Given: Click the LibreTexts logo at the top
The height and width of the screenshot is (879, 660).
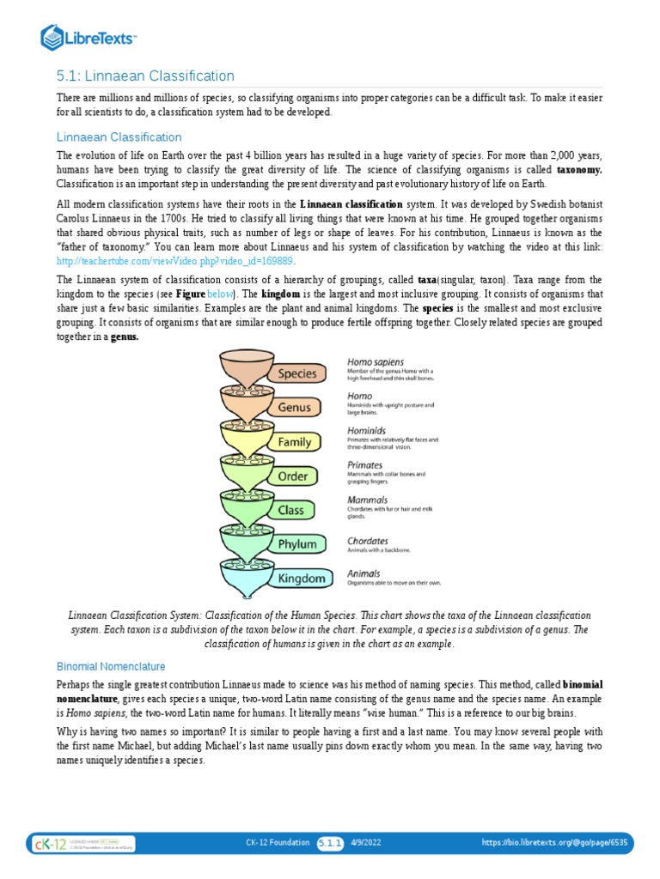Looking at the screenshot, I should point(89,37).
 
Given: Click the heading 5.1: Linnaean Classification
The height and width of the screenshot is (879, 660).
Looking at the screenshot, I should point(145,76).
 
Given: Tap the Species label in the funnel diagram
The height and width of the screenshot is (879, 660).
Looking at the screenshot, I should point(296,373).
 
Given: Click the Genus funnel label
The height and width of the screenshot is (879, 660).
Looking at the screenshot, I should point(295,408).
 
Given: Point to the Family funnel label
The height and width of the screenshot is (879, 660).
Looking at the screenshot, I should point(294,442).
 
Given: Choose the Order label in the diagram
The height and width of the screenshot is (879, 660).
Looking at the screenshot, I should point(292,476).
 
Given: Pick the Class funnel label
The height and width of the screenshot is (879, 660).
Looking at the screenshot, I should point(290,510).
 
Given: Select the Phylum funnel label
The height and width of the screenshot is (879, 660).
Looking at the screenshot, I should point(296,544).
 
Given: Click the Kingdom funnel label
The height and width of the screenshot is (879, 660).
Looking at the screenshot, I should point(302,579).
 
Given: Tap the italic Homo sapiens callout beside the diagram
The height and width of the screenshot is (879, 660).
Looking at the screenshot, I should point(376,362).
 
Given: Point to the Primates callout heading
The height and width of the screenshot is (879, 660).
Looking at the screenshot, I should point(365,465).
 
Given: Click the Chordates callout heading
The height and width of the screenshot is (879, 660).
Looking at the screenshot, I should point(368,541).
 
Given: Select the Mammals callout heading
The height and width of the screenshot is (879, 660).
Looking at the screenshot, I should point(367,500).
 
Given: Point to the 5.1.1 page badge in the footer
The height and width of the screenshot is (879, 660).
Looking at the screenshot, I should point(331,843).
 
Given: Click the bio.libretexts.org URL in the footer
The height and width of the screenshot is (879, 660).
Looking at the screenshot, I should point(553,843).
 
